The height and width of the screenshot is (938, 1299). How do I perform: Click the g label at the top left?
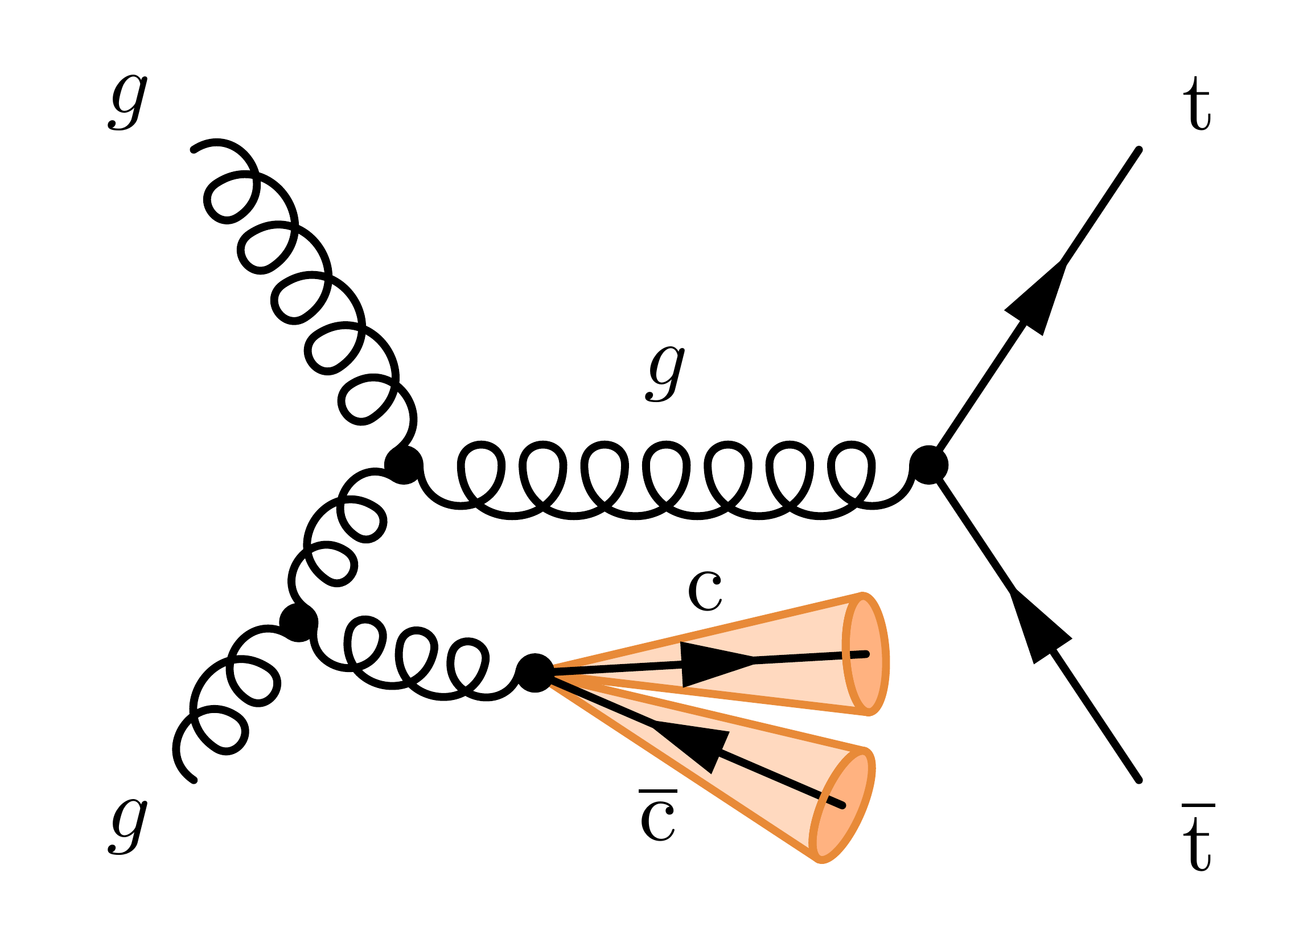[x=128, y=103]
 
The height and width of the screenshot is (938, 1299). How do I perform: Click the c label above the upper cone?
[x=705, y=591]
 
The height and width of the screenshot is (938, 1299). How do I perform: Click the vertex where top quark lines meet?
[x=929, y=465]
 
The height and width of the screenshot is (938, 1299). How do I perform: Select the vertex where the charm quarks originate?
[x=535, y=673]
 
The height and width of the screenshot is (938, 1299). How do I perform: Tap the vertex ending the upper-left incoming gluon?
[x=404, y=465]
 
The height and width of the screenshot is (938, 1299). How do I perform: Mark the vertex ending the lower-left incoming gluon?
[x=298, y=622]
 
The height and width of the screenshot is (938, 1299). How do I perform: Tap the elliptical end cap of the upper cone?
[x=865, y=654]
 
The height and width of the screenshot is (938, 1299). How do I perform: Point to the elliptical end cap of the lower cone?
[x=842, y=805]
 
